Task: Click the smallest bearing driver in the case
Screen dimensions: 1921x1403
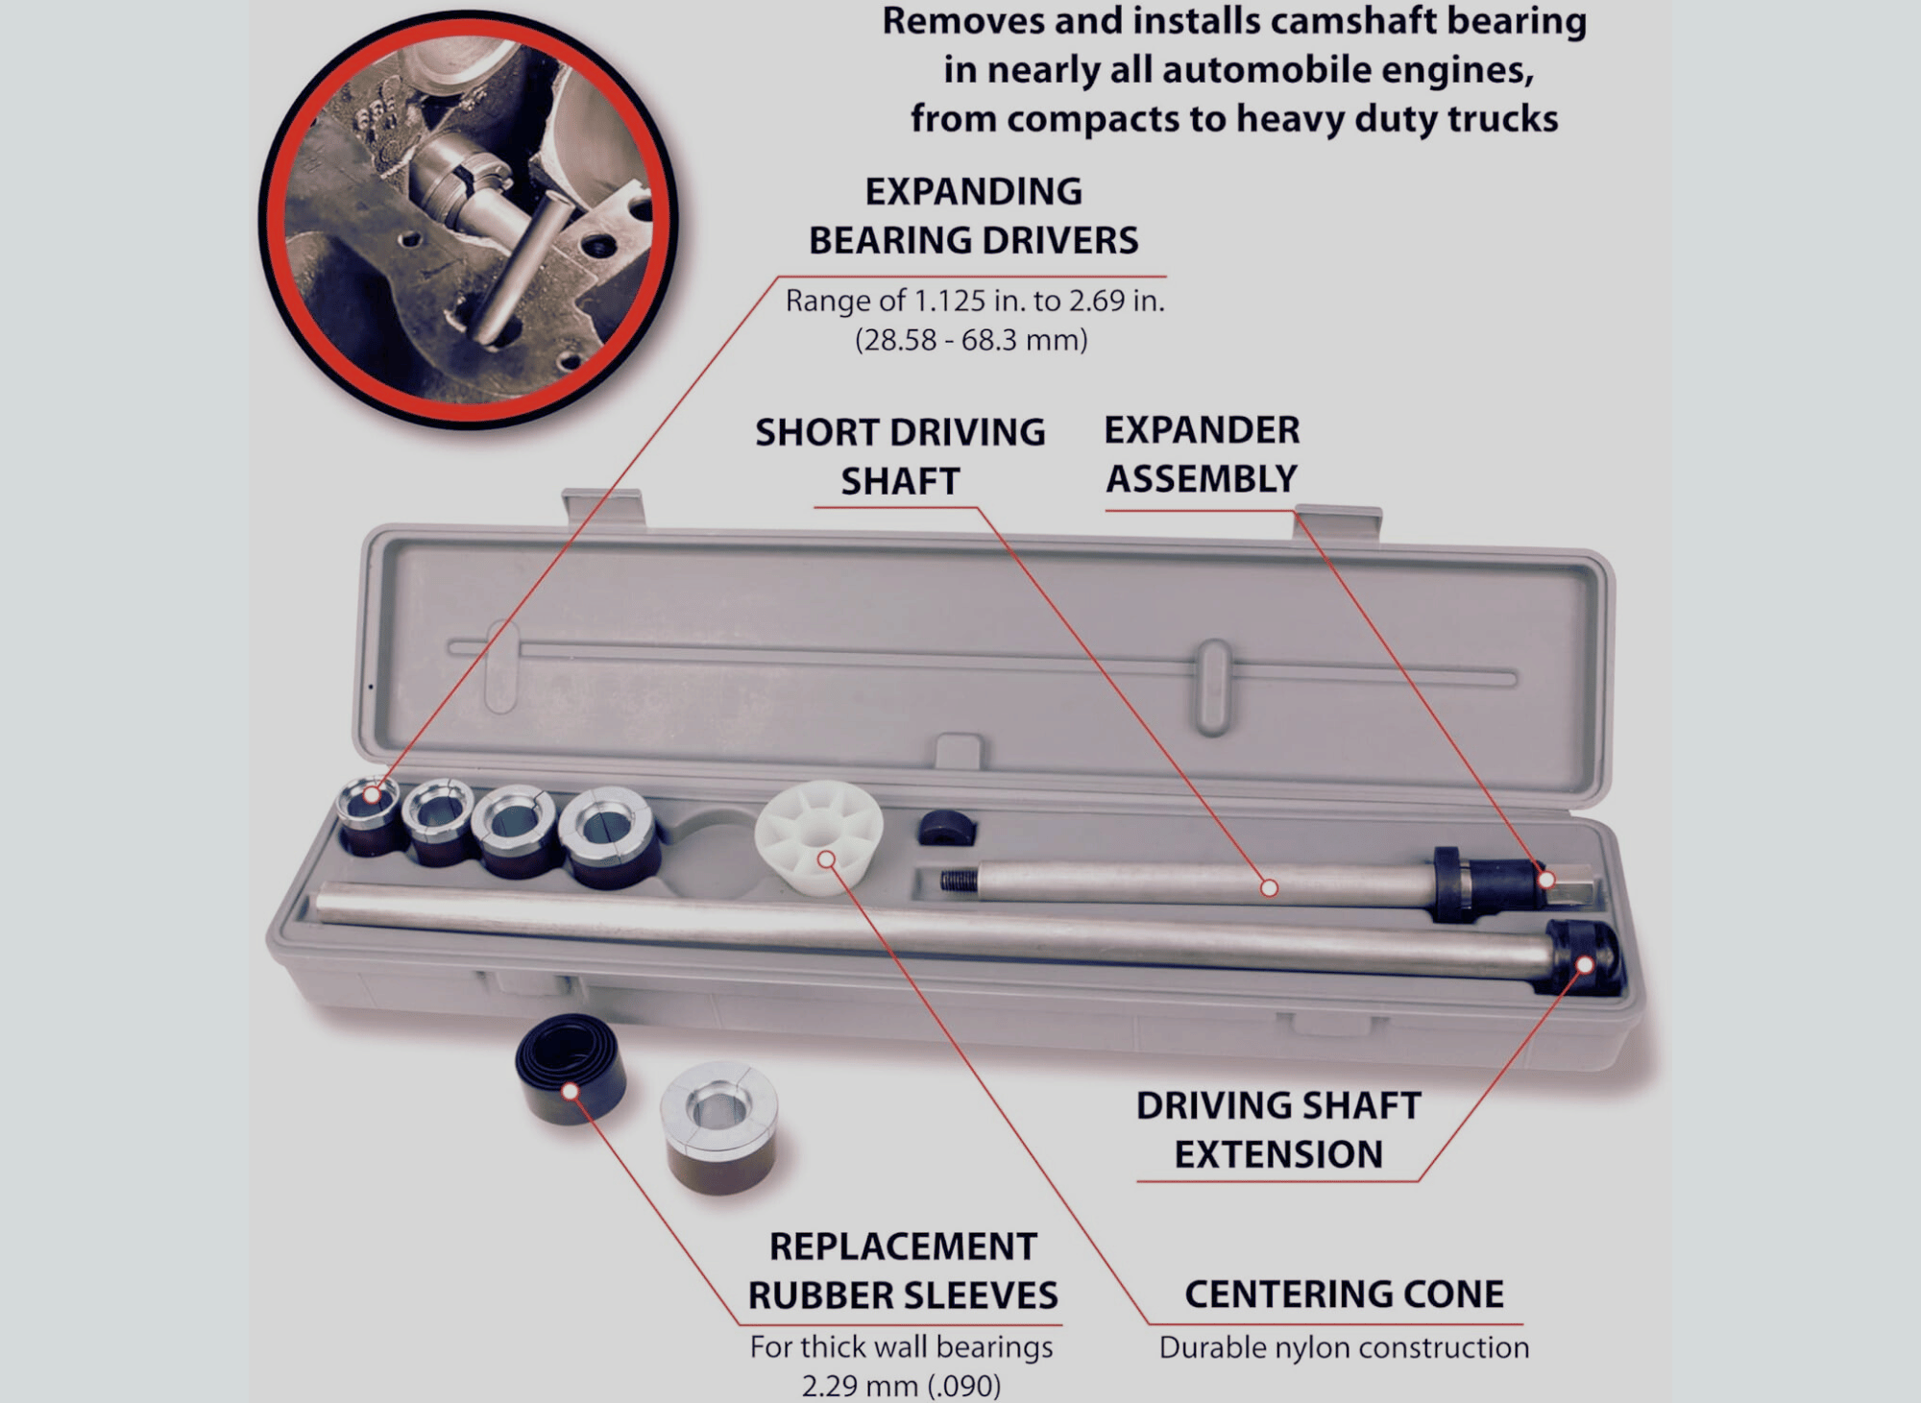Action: [x=370, y=815]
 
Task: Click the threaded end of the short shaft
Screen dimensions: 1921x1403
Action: [x=958, y=881]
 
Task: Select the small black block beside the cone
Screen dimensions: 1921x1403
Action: [x=946, y=828]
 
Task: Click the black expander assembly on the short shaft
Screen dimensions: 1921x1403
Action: [x=1485, y=883]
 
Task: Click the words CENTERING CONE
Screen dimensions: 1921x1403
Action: [x=1344, y=1294]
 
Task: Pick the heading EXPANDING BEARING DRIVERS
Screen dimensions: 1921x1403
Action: [x=973, y=216]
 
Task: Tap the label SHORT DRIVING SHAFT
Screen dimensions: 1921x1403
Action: [x=900, y=456]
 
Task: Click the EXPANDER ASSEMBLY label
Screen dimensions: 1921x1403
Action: [x=1202, y=454]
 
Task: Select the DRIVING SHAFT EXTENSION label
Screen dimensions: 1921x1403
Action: [x=1278, y=1129]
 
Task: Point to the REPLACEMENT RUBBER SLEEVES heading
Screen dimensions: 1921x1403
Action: [x=903, y=1270]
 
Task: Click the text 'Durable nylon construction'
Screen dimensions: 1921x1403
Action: [x=1344, y=1347]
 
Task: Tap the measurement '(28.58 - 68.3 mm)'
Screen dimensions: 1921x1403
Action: [x=971, y=340]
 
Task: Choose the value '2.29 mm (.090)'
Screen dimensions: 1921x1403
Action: [x=901, y=1386]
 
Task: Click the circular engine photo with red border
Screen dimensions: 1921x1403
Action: [x=469, y=219]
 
